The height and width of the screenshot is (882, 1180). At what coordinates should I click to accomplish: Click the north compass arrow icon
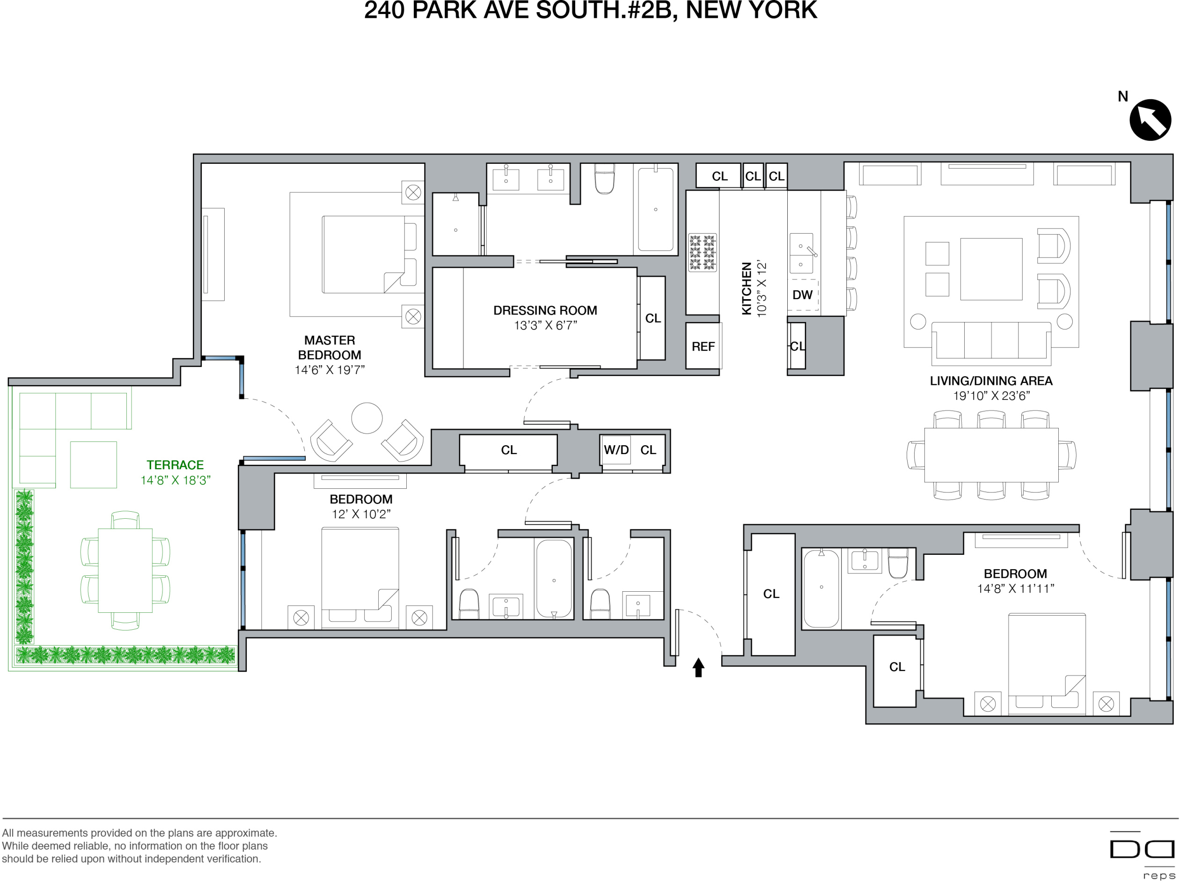coord(1150,120)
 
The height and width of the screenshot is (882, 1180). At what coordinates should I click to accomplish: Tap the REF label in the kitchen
coord(703,347)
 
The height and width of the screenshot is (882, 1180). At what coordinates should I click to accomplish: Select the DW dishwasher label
coord(802,295)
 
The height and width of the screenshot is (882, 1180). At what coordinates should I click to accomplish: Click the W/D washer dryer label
coord(616,450)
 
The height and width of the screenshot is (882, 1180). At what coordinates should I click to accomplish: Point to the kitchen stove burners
coord(702,252)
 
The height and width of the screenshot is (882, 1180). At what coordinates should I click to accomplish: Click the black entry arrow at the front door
coord(698,667)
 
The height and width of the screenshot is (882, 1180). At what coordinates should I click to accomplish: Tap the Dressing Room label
coord(545,310)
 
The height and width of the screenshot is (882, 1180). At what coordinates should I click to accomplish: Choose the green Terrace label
coord(175,465)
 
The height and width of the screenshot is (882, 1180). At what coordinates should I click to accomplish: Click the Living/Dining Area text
coord(990,381)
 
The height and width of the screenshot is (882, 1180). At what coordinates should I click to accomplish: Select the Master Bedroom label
coord(329,347)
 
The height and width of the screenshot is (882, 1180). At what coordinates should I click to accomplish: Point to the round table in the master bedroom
coord(366,418)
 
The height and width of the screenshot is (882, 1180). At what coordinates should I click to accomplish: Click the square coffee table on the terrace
coord(93,465)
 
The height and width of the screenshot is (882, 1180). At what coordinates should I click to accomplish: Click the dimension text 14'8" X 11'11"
coord(1015,588)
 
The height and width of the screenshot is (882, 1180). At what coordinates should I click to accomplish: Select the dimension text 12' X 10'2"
coord(360,514)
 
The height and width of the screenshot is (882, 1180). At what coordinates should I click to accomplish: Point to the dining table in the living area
coord(990,455)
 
